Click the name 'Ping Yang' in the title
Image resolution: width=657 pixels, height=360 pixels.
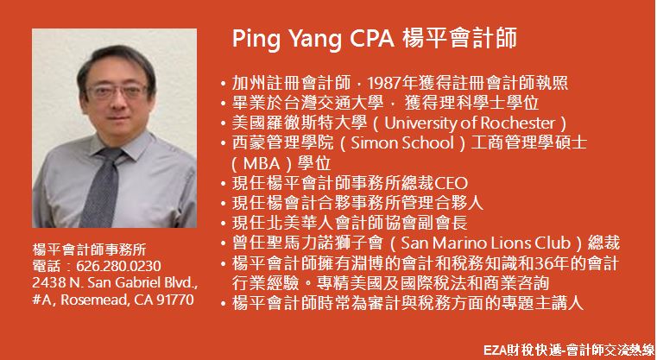[x=287, y=40]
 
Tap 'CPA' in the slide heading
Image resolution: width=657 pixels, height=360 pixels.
[x=372, y=39]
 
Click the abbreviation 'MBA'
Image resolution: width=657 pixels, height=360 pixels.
[x=262, y=163]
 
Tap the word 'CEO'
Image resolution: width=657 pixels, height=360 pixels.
[x=451, y=184]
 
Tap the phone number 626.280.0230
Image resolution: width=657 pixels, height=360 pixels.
[x=118, y=266]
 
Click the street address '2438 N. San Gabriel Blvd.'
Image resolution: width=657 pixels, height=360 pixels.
[x=115, y=283]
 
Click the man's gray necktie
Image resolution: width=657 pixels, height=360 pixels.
[x=100, y=187]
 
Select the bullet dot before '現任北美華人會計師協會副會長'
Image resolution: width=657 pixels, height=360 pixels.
[x=224, y=224]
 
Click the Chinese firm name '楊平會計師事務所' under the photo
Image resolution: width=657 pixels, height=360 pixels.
[x=89, y=249]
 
